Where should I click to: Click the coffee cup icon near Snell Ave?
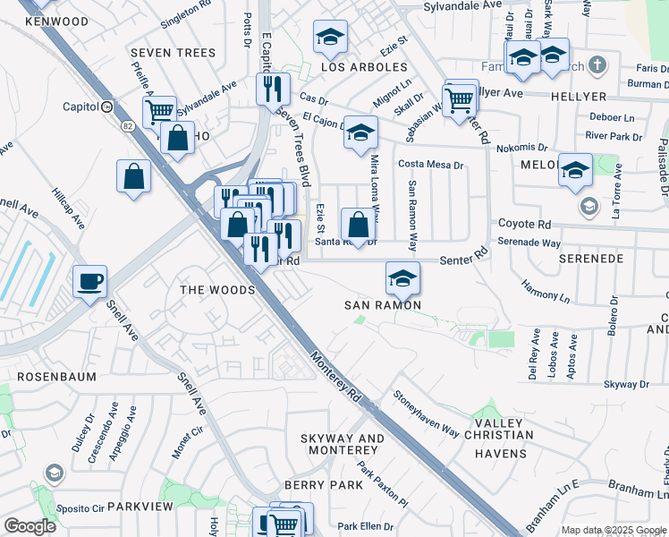(89, 282)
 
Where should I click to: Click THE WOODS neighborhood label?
(217, 290)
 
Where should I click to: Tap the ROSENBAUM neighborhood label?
(43, 377)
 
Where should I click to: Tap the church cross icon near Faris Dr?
(598, 64)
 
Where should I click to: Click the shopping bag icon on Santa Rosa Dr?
(358, 225)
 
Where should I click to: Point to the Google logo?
(30, 526)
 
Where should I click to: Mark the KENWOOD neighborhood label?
(57, 21)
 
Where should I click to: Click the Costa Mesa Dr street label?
(431, 165)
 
